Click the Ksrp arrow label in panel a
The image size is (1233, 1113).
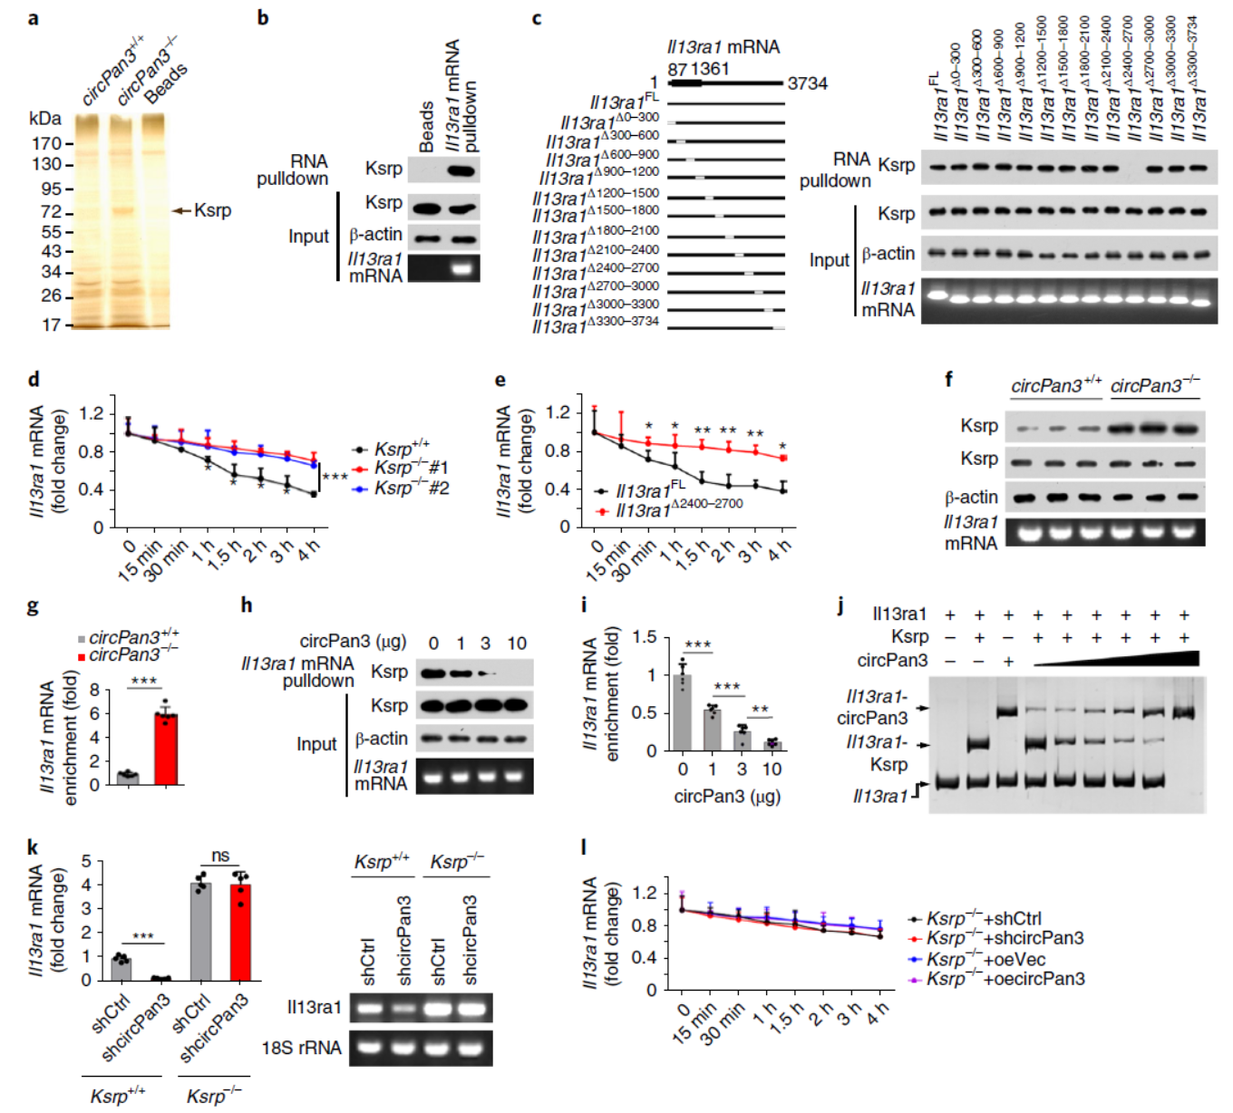212,210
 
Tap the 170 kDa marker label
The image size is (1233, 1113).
46,143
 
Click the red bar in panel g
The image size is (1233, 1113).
166,749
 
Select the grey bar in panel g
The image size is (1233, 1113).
128,778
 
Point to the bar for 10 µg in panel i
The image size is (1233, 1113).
772,745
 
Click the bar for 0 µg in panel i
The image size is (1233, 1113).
683,712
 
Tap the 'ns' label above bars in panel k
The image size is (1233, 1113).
220,856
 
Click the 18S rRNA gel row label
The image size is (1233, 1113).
301,1048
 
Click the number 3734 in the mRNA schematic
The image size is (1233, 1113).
807,83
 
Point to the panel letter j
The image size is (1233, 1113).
841,605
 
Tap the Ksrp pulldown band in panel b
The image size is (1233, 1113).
462,169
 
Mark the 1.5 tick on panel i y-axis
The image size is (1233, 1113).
645,637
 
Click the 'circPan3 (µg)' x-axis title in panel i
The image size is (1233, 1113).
727,797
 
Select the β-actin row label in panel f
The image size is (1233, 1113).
971,497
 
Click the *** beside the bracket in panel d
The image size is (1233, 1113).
335,477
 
